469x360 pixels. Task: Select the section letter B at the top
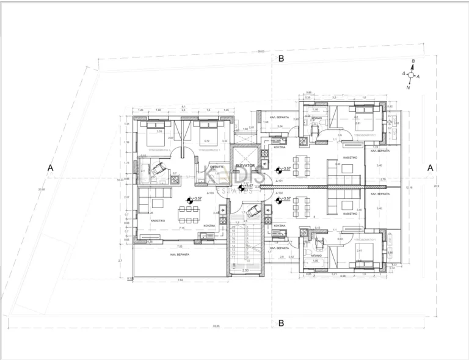282,59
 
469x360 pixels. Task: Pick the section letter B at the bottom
282,323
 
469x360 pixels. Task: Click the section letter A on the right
431,168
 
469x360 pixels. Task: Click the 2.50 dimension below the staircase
245,270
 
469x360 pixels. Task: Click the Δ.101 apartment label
278,181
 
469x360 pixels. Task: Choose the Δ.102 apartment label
278,209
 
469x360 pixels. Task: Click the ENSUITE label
217,167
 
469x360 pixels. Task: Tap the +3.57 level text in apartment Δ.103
197,199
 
